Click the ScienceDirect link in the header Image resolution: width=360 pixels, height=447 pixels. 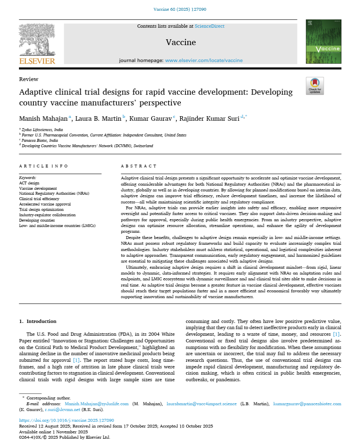209,26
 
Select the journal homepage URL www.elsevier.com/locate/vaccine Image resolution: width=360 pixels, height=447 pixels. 204,60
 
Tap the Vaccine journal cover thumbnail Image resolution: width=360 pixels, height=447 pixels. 323,42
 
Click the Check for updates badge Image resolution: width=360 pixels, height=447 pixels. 314,86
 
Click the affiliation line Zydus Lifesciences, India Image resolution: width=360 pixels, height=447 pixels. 41,129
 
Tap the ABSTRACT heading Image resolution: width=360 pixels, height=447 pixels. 139,166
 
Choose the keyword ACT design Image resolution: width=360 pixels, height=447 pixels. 29,183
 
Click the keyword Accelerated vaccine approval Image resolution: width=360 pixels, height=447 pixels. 45,204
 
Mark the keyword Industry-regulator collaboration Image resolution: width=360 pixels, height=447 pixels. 47,215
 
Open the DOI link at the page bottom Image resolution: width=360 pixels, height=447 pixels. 67,421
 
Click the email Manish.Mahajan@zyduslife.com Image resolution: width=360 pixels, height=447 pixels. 96,404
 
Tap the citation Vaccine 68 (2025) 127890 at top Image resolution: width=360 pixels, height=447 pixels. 180,9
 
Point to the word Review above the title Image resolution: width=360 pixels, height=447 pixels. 29,79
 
